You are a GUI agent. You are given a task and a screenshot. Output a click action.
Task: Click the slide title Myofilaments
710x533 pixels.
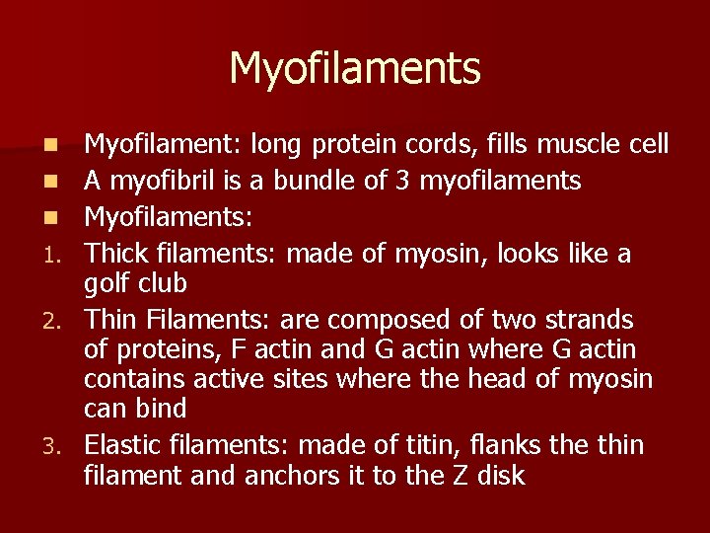click(x=355, y=69)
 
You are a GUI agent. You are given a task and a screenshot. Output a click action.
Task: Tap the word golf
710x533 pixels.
click(x=106, y=284)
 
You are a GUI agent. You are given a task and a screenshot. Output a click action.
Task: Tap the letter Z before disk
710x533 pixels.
click(x=458, y=476)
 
